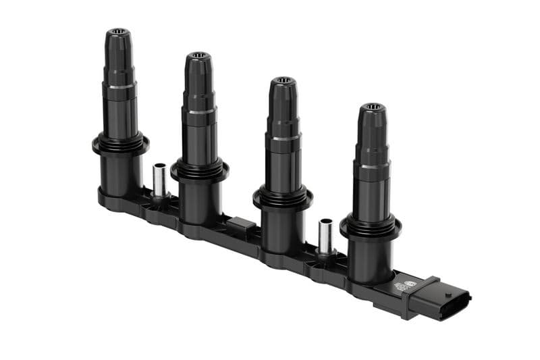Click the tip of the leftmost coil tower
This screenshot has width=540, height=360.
point(117,32)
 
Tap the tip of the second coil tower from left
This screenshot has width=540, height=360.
point(198,55)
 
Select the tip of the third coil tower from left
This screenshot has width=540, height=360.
point(283,80)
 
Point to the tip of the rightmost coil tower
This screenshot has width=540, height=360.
point(372,107)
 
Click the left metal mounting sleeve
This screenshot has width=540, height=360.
point(159,180)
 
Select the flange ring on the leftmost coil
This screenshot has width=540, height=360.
point(120,144)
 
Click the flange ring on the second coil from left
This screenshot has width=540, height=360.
point(199,170)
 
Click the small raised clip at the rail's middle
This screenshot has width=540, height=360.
point(242,225)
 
